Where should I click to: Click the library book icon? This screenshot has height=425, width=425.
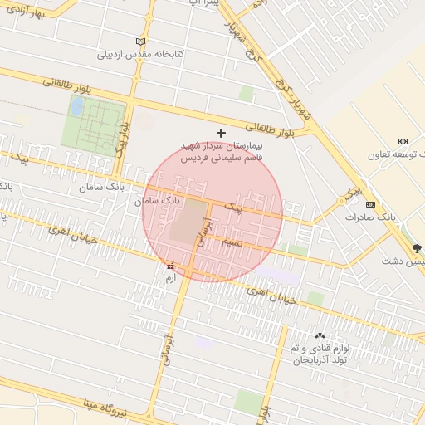coord(140,42)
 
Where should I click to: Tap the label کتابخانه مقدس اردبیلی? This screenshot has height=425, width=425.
coord(140,55)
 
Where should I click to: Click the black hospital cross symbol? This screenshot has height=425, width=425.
coord(221,133)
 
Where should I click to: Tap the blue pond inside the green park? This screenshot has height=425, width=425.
coord(77,106)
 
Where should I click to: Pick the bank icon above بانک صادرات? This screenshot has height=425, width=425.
coord(370,204)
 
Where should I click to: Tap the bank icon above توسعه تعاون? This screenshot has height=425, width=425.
coord(403,141)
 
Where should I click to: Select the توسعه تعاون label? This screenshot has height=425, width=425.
coord(407,154)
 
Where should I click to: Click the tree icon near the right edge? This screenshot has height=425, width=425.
coord(417,248)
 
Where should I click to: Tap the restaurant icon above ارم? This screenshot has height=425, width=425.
coord(171,266)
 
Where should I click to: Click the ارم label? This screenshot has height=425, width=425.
coord(171,279)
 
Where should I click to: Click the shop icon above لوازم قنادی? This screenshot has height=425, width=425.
coord(320,335)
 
